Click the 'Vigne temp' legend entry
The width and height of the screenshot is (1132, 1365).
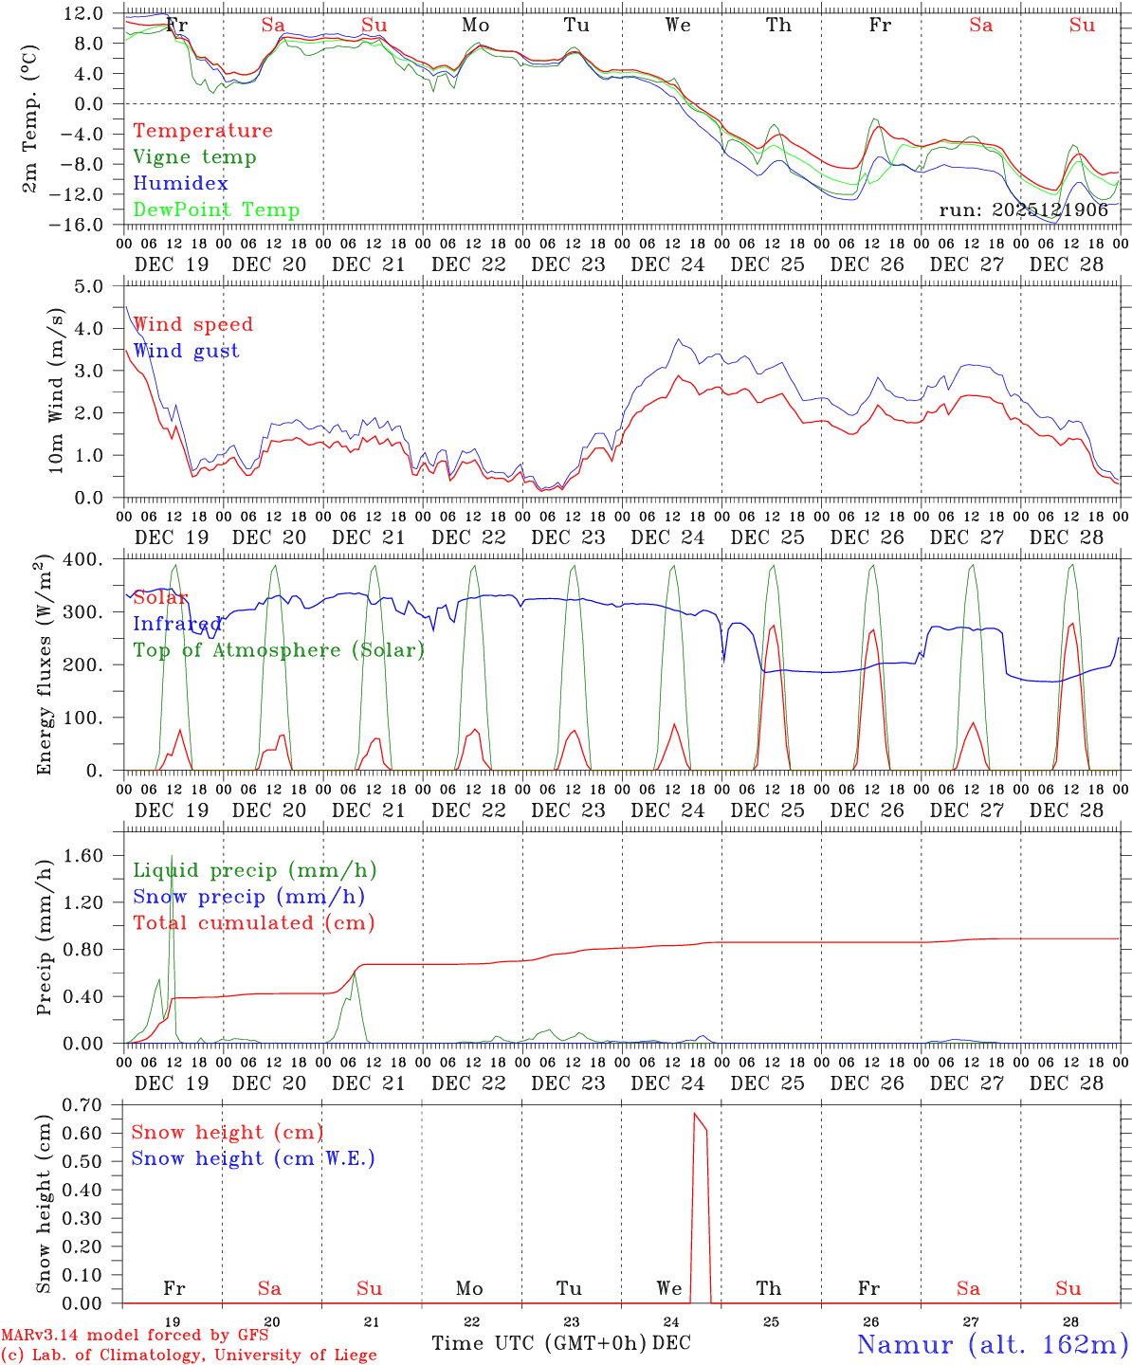(194, 157)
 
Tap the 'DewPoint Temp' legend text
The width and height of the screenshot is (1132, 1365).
(216, 210)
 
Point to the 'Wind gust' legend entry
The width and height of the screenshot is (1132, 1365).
(186, 351)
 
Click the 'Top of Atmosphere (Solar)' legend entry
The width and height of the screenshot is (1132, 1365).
(279, 650)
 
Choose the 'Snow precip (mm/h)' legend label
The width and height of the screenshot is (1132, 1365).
(248, 897)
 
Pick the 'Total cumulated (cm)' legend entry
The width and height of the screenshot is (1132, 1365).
(254, 923)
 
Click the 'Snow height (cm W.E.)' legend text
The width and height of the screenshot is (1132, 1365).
(253, 1158)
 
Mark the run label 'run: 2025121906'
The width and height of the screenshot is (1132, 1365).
(1023, 210)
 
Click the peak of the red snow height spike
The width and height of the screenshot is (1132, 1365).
(695, 1113)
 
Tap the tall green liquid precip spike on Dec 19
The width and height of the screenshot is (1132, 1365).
(172, 857)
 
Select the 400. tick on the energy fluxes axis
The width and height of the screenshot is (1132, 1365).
(87, 559)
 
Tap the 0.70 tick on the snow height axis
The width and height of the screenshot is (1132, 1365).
(87, 1104)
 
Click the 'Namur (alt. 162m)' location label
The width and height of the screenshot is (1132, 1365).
(992, 1344)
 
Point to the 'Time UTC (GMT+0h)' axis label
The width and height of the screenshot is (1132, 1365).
(539, 1343)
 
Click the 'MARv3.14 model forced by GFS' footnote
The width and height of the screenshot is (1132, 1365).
(135, 1336)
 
